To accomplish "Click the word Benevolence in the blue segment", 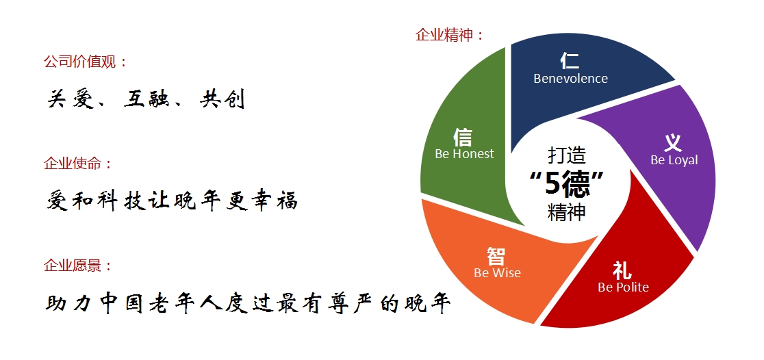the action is pyautogui.click(x=570, y=79).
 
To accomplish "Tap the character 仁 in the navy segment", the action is pyautogui.click(x=570, y=60).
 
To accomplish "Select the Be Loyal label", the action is pyautogui.click(x=674, y=160).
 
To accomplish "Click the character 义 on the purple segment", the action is pyautogui.click(x=673, y=142).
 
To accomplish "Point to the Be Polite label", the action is pyautogui.click(x=623, y=287).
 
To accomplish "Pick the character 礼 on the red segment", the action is pyautogui.click(x=622, y=270).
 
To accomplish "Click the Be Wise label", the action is pyautogui.click(x=497, y=273).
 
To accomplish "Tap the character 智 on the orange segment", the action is pyautogui.click(x=496, y=256).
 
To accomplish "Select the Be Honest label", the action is pyautogui.click(x=464, y=154).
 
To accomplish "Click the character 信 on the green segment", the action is pyautogui.click(x=463, y=137).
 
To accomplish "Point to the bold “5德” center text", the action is pyautogui.click(x=567, y=183).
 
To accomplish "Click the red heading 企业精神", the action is pyautogui.click(x=445, y=35).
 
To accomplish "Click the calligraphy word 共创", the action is pyautogui.click(x=222, y=99).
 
